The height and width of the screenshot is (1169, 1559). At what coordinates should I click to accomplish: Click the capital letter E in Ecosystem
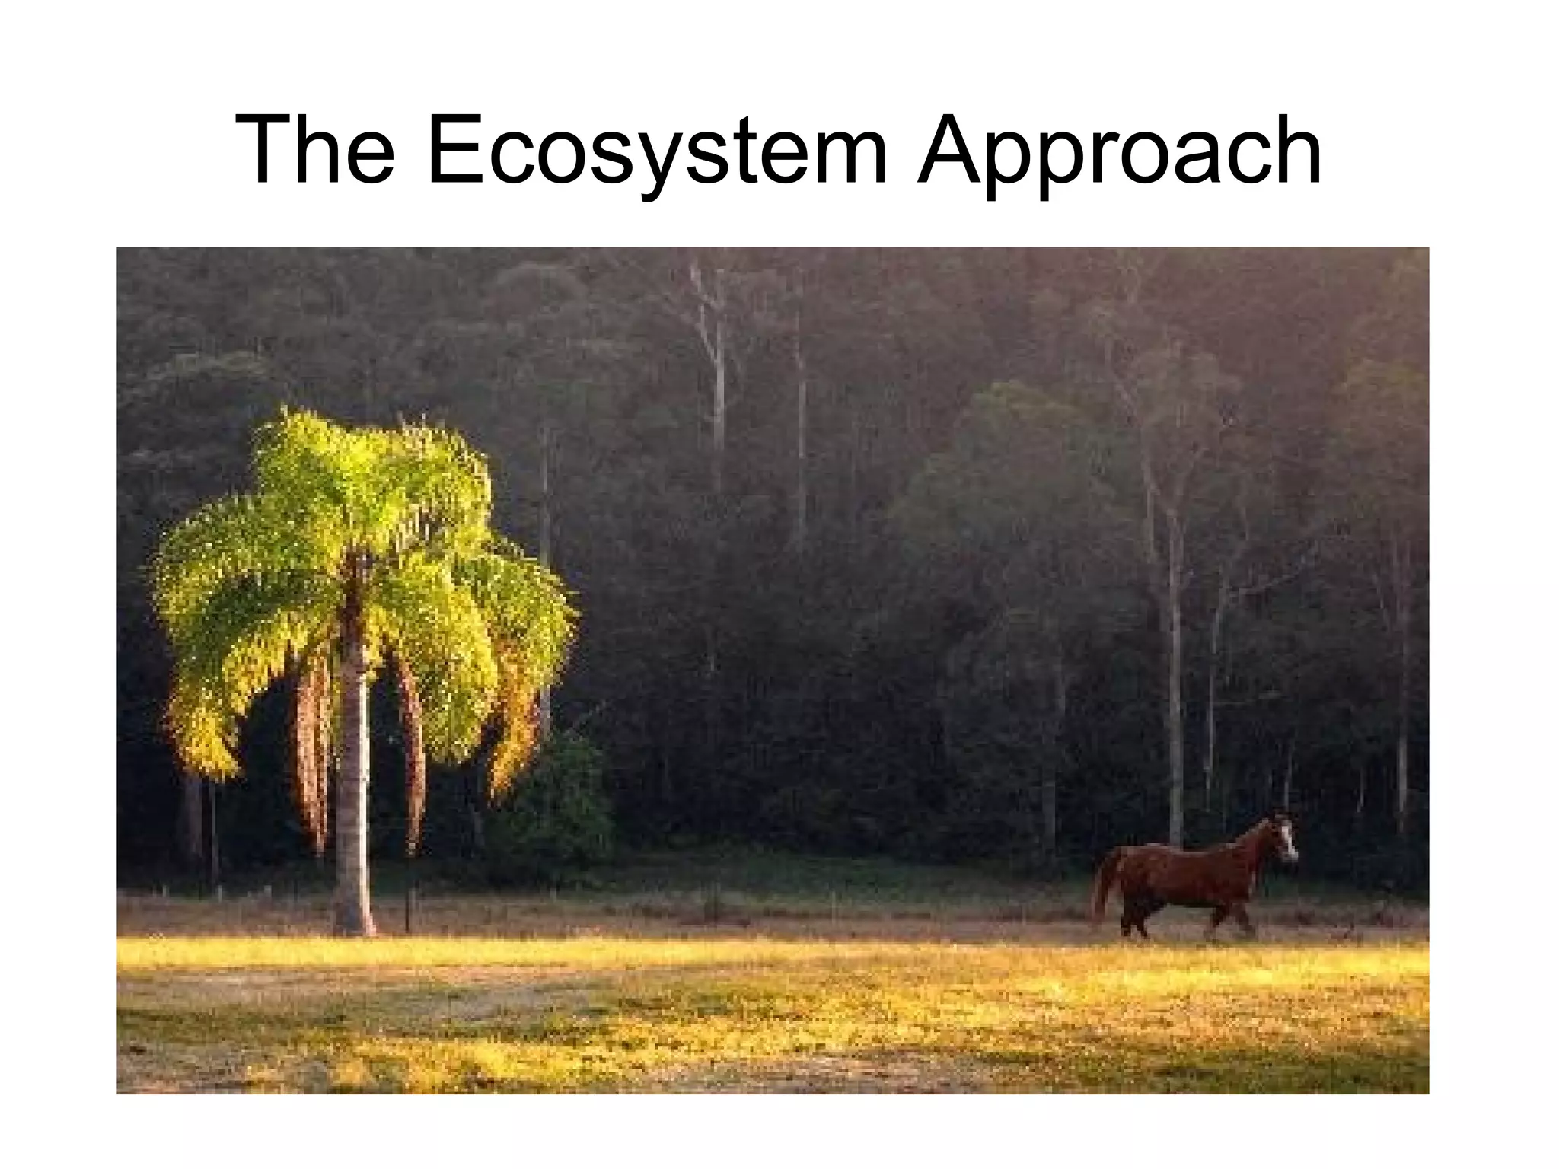[454, 149]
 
